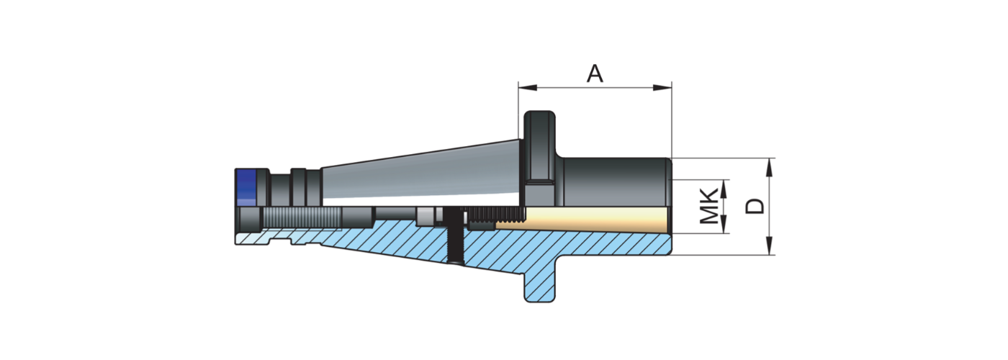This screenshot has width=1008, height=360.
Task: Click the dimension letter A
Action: [x=594, y=73]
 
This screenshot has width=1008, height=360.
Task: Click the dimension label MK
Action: [x=710, y=205]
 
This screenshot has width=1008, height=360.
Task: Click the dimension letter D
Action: [x=753, y=206]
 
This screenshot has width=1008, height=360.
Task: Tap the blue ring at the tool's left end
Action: [x=246, y=186]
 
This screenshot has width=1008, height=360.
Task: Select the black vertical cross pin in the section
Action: [x=454, y=235]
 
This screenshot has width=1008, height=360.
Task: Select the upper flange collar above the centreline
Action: [x=540, y=144]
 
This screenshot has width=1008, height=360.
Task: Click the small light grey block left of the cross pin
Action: [x=427, y=215]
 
